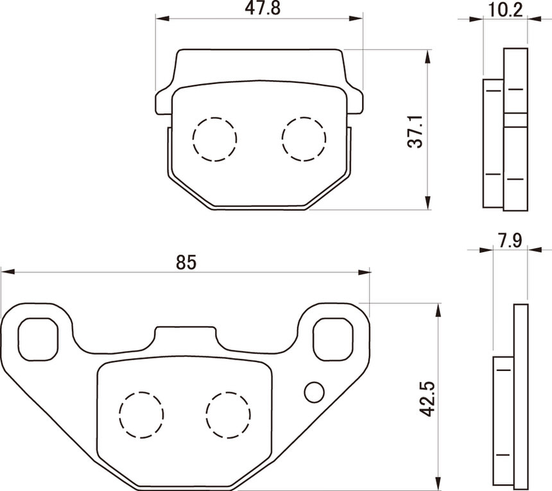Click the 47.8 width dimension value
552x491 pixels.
click(x=263, y=8)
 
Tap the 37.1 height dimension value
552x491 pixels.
click(x=415, y=132)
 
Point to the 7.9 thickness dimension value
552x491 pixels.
click(x=510, y=241)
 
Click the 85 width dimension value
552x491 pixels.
click(x=186, y=263)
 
